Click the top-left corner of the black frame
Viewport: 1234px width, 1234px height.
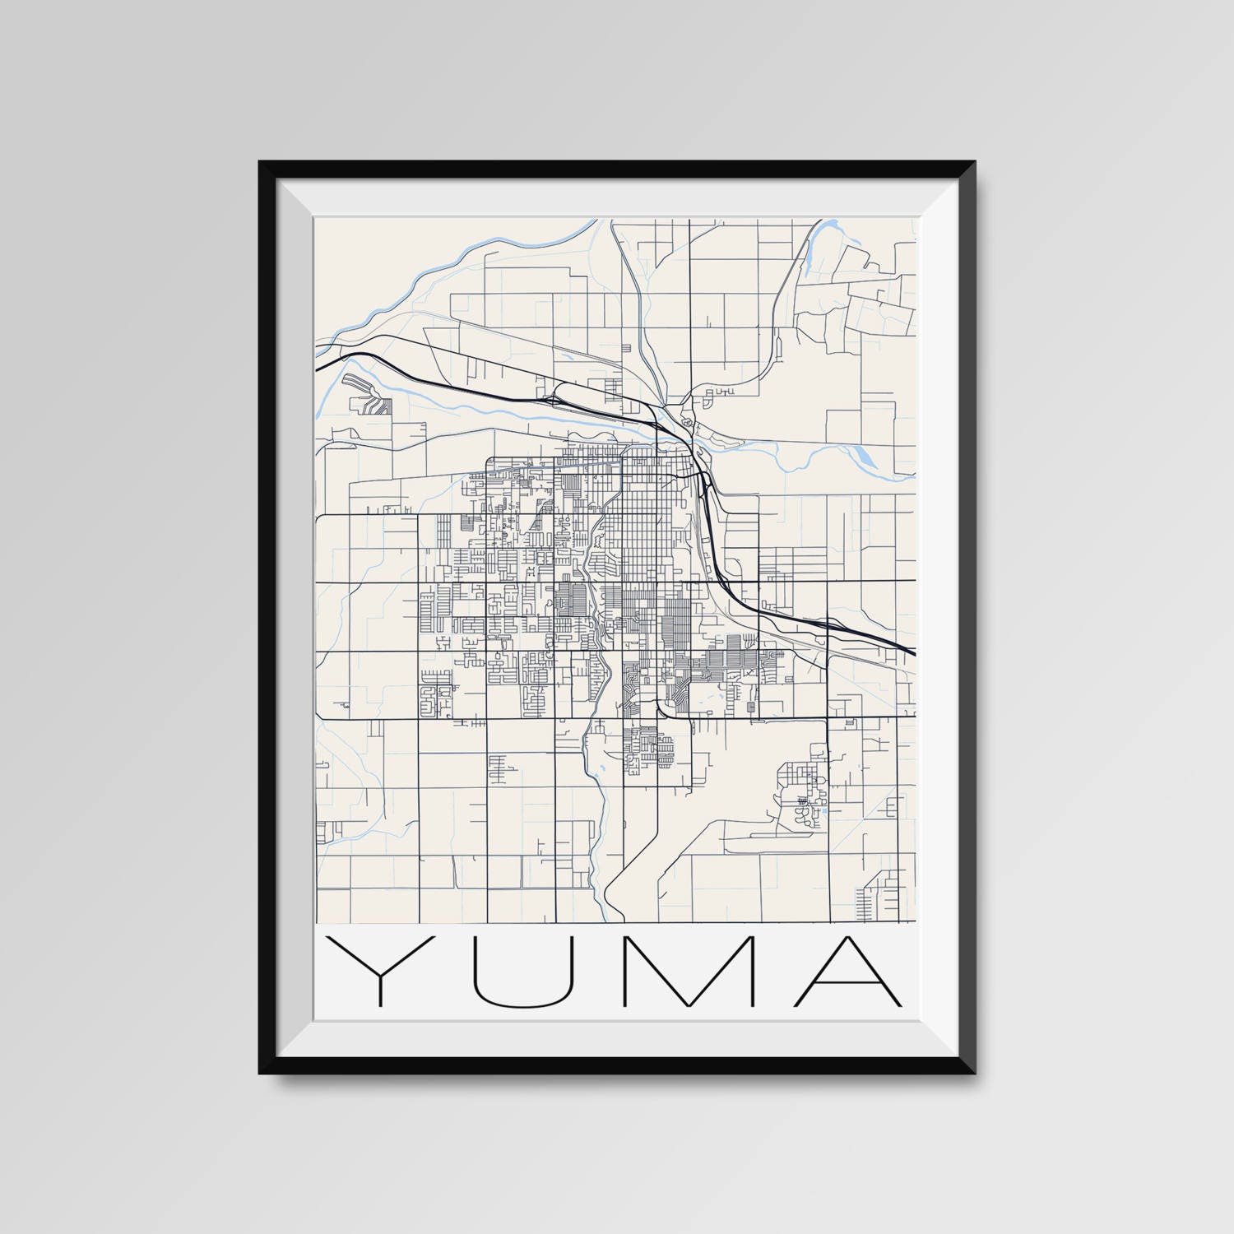pyautogui.click(x=261, y=163)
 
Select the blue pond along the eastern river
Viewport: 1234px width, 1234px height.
pyautogui.click(x=864, y=454)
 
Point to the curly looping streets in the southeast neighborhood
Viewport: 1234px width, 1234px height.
pyautogui.click(x=803, y=814)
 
